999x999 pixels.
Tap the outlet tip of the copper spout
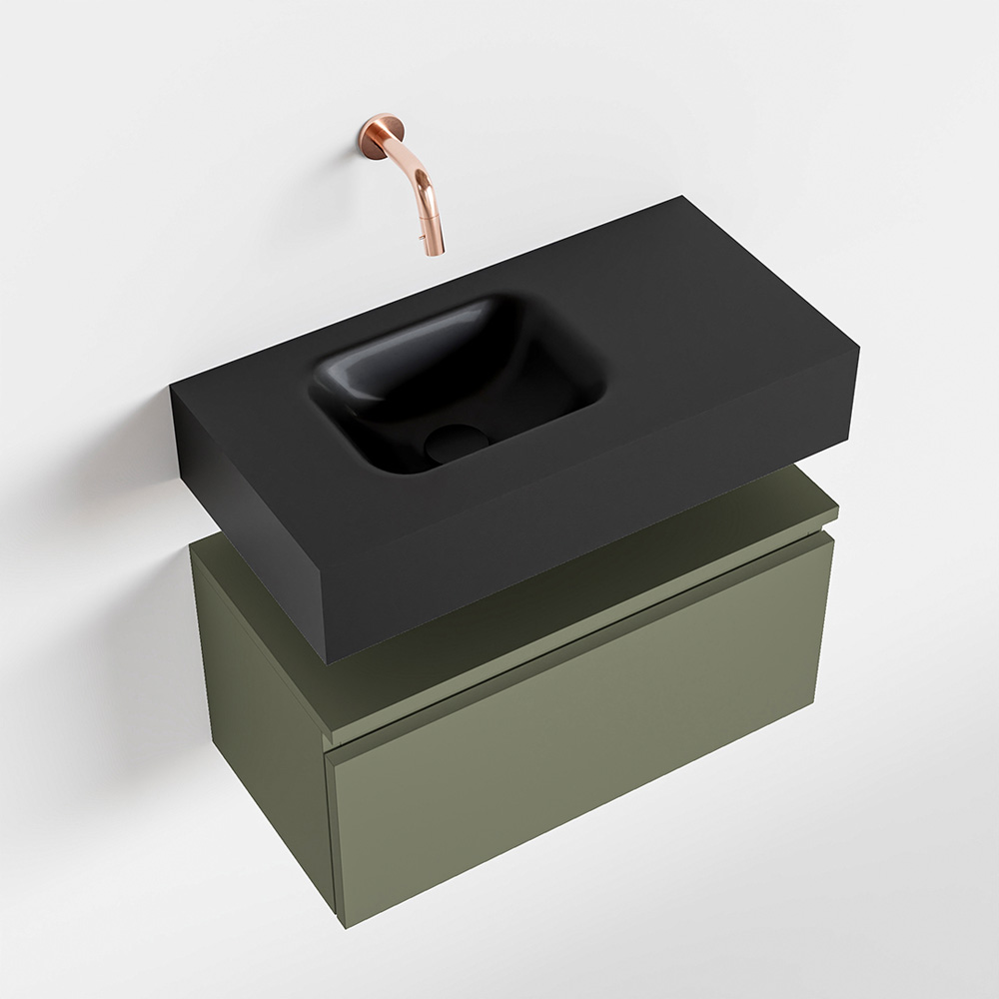tap(436, 251)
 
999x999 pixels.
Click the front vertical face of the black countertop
tap(599, 539)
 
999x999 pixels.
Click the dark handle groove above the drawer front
tap(579, 649)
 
